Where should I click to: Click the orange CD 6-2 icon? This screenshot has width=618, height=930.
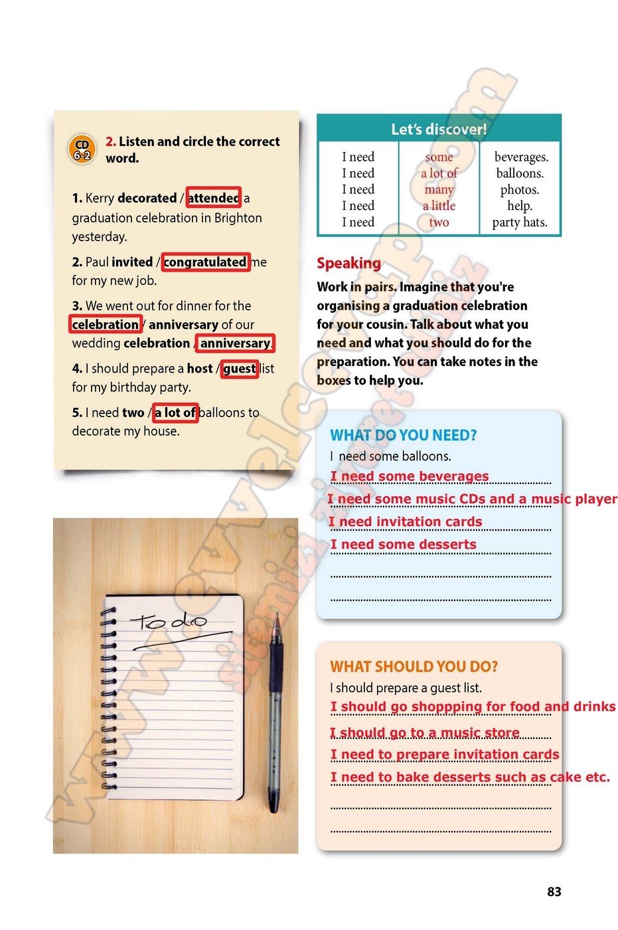(x=82, y=149)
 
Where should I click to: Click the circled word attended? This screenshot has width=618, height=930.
(x=213, y=198)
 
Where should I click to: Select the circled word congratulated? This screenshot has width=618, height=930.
(x=205, y=262)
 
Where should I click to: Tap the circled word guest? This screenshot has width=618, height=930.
(x=239, y=369)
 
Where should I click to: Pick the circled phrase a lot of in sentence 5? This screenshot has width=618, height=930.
(x=175, y=413)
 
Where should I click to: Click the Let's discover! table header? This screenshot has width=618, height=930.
(x=439, y=129)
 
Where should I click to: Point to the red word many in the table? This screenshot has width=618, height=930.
(x=439, y=189)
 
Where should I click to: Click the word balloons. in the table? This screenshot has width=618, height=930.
(x=520, y=173)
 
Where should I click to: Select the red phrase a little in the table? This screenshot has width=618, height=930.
(x=439, y=206)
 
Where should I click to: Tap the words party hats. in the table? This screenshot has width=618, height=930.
(x=520, y=223)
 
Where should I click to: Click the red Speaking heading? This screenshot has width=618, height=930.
(x=348, y=263)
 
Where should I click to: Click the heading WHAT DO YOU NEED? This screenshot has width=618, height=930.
(x=404, y=435)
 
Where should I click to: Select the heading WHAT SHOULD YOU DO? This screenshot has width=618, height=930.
(x=414, y=666)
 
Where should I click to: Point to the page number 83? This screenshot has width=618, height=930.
(x=554, y=891)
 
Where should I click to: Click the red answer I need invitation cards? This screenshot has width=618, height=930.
(x=406, y=522)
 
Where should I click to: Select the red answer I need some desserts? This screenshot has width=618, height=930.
(x=404, y=545)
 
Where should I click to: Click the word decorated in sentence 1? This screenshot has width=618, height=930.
(x=146, y=198)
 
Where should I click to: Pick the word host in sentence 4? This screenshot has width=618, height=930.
(x=200, y=369)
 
